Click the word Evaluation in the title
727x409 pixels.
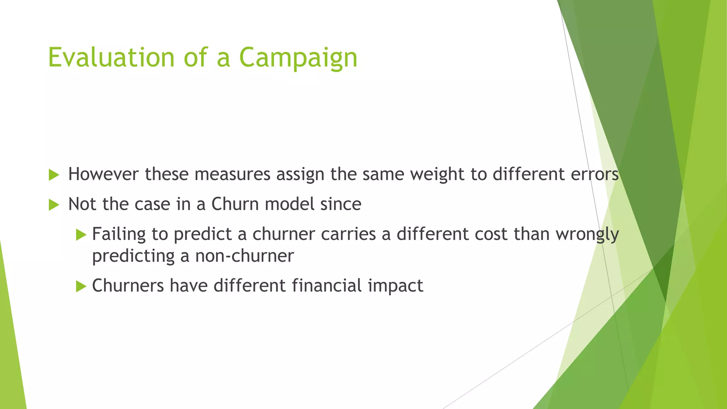(111, 58)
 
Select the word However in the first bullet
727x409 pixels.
(103, 174)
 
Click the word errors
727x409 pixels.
(595, 174)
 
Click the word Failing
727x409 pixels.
(119, 235)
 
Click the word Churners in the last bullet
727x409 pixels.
(128, 286)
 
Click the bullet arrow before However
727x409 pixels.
(54, 175)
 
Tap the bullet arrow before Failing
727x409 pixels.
(81, 235)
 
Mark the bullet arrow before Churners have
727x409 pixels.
(81, 286)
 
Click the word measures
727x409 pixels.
(232, 174)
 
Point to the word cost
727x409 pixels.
(491, 234)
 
